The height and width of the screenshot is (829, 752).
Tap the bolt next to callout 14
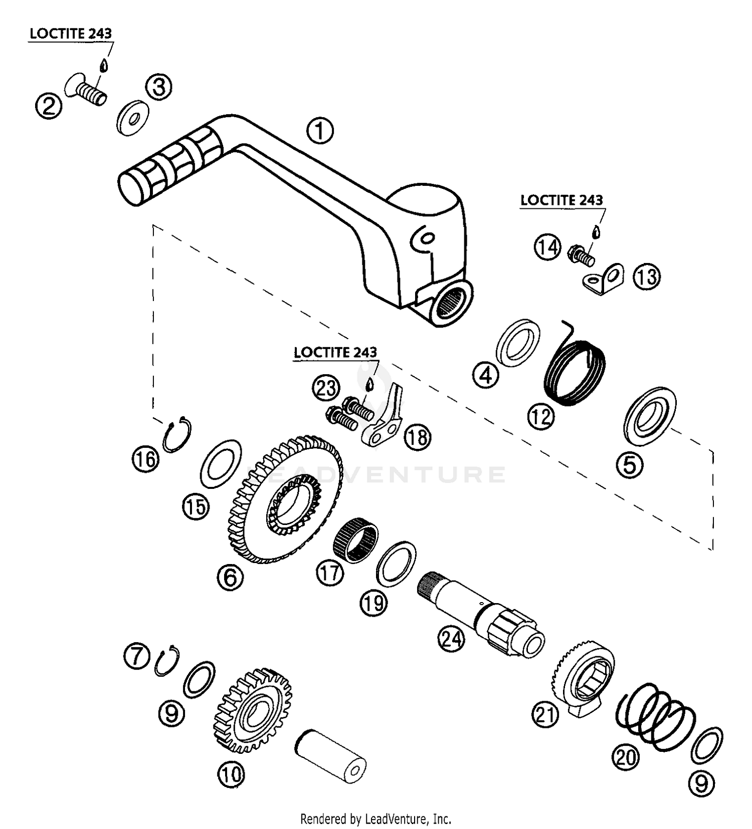tap(582, 255)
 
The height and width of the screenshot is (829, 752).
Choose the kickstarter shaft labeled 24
tap(480, 613)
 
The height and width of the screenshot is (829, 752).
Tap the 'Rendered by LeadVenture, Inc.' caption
tap(376, 819)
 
